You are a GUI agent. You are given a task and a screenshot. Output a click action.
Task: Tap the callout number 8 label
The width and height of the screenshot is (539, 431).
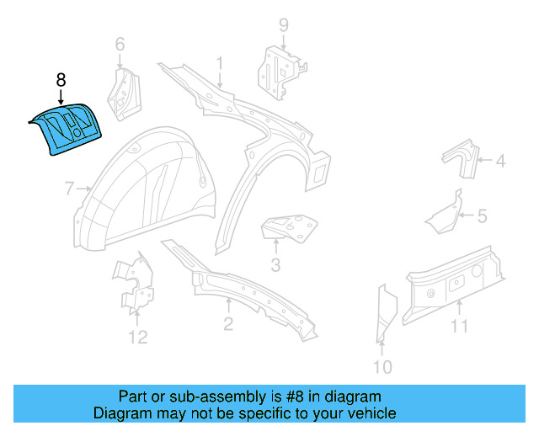61,81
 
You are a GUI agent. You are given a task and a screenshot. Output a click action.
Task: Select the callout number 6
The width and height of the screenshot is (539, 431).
120,44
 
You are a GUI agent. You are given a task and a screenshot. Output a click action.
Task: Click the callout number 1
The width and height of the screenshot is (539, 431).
220,63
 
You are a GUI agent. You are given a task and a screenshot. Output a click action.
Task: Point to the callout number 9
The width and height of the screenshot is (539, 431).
284,24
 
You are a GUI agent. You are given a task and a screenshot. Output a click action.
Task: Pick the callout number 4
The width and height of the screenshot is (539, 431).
499,161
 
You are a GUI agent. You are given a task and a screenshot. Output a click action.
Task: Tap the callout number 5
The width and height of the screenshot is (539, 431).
482,217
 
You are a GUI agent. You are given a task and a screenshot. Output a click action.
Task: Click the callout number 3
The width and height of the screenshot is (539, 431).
275,268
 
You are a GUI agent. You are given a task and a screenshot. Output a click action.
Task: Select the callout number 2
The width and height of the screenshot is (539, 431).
228,324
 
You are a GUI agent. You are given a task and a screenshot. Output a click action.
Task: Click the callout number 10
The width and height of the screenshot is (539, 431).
382,366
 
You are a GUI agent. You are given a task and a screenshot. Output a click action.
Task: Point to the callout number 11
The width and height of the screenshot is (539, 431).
459,326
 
